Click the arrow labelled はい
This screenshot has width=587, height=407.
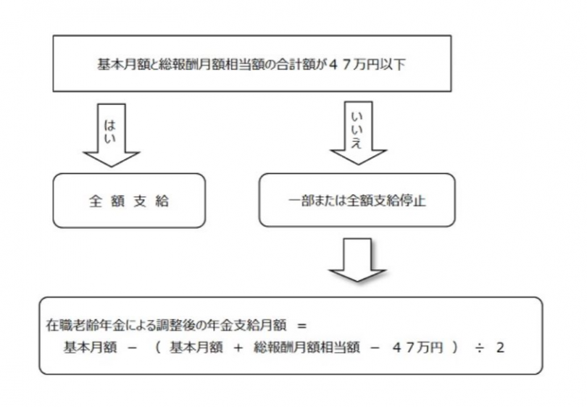[x=111, y=135]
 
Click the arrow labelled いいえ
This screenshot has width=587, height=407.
[x=358, y=133]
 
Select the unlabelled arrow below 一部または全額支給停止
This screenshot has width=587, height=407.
[x=357, y=259]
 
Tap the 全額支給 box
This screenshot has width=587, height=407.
[x=129, y=201]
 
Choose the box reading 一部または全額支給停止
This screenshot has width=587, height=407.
[x=357, y=200]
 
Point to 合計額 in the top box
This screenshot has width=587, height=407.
[x=295, y=64]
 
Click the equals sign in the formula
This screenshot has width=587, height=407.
[x=301, y=326]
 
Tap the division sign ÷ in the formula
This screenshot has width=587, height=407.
[x=479, y=348]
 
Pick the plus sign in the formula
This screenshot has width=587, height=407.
[x=238, y=348]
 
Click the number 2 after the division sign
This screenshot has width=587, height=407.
[x=500, y=348]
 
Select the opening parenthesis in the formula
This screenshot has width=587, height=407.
[x=158, y=348]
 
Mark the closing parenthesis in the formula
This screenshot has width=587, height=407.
[x=454, y=348]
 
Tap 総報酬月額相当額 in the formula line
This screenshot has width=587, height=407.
[x=307, y=348]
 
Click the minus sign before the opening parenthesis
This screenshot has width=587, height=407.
[x=133, y=348]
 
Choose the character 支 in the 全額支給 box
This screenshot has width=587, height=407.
[x=140, y=201]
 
